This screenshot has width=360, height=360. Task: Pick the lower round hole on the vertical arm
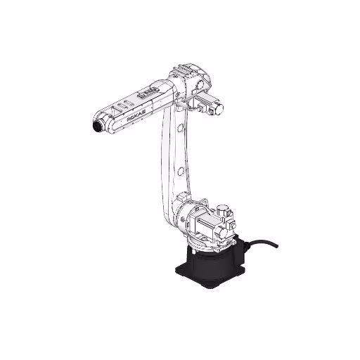[x=182, y=171]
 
